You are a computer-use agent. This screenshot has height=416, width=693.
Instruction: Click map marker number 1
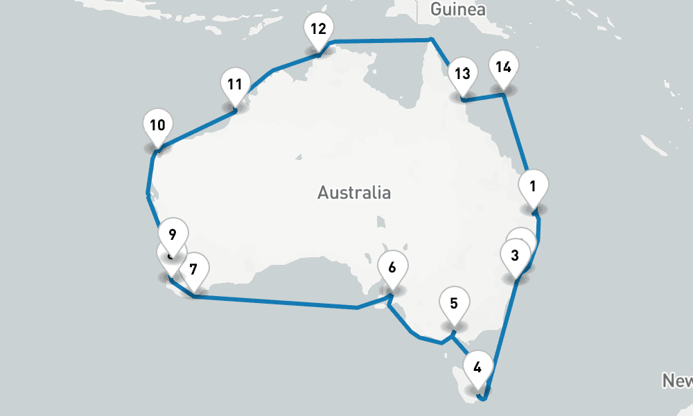coord(533,187)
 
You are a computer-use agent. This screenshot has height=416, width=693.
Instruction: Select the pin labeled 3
coord(514,255)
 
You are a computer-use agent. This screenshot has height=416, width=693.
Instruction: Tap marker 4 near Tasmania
coord(477,367)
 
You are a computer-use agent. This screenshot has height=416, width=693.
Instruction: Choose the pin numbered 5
coord(454,303)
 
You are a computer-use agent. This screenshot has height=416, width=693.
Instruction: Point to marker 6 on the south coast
coord(392,268)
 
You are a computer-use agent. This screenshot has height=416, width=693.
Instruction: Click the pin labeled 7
coord(193,268)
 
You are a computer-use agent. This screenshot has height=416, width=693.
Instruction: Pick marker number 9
coord(173,234)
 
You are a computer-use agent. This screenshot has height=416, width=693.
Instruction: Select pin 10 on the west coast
coord(157,125)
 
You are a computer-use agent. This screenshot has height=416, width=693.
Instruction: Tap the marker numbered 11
coord(234,85)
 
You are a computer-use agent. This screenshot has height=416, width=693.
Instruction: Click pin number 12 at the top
coord(318,30)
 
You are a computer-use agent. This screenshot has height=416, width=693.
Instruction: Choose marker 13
coord(462,73)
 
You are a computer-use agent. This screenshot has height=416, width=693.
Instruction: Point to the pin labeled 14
coord(504,67)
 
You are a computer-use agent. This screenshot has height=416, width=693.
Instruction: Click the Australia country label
coord(353,192)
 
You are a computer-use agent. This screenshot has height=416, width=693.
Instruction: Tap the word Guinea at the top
coord(457,10)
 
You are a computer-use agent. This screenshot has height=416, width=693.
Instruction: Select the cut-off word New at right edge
coord(677,380)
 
